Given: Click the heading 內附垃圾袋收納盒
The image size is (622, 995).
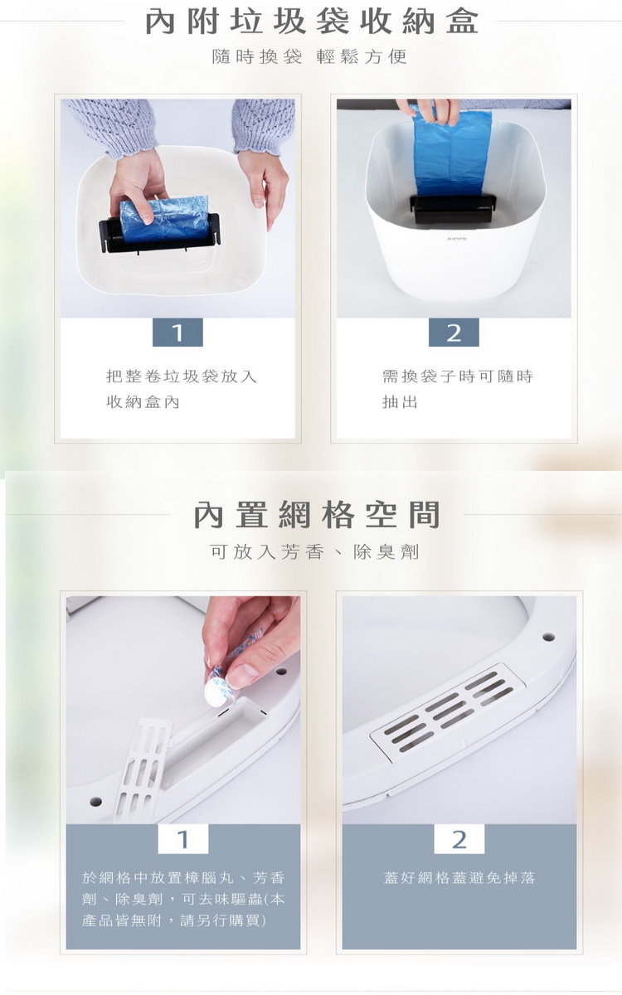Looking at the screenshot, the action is (312, 22).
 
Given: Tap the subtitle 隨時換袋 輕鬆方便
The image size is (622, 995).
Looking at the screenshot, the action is (309, 57).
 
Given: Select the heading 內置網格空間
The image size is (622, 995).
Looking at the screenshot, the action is (317, 514).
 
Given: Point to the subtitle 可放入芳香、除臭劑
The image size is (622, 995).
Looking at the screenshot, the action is (314, 552).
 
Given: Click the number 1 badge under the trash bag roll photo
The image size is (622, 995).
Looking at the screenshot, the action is (177, 332).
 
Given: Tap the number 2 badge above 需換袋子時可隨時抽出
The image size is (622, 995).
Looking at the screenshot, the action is (454, 332).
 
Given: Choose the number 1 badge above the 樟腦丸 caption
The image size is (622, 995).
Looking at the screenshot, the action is (183, 839).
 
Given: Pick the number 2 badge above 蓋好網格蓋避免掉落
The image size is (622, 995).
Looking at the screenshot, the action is (459, 839).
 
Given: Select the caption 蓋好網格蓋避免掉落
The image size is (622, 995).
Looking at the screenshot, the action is (459, 878).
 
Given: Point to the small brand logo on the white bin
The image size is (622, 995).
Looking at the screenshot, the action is (456, 239).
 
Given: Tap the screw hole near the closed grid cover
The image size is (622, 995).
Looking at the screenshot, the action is (548, 637).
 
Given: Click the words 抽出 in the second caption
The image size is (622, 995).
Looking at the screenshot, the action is (400, 402).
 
